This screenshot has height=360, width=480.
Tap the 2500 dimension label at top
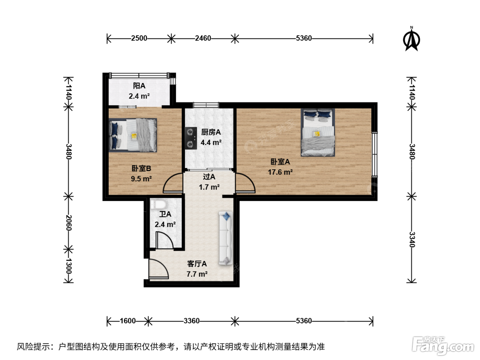click(x=139, y=38)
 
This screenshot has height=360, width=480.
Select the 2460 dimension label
click(x=203, y=38)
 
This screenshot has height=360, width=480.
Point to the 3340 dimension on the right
click(x=412, y=239)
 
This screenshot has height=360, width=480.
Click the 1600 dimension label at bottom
click(x=128, y=321)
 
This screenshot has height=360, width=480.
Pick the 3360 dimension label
click(x=192, y=321)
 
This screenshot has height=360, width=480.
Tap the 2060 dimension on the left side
click(x=69, y=223)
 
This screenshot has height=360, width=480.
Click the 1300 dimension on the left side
click(x=69, y=266)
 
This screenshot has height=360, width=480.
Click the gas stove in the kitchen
click(x=191, y=138)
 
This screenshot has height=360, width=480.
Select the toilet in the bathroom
click(x=158, y=204)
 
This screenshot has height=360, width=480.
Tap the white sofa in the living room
click(x=226, y=238)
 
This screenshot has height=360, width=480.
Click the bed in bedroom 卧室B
click(x=133, y=135)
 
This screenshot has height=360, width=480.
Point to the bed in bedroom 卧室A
click(x=318, y=132)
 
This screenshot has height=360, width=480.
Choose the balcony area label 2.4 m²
click(x=139, y=96)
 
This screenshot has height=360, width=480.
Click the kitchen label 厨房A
click(x=211, y=132)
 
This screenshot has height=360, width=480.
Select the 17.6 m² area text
click(x=280, y=172)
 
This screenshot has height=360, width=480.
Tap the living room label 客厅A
click(x=197, y=264)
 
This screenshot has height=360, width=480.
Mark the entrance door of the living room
click(x=158, y=269)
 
